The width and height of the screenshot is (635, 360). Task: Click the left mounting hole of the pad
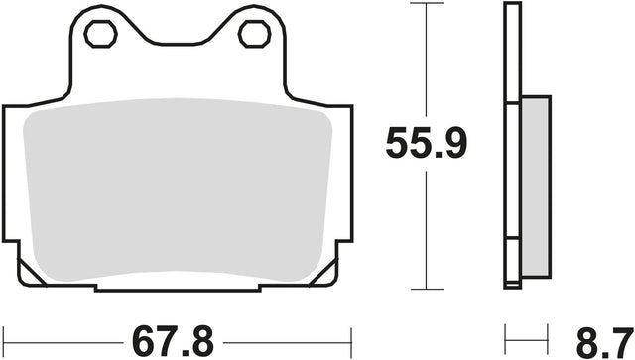[101, 34]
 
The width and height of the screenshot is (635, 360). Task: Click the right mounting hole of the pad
[254, 34]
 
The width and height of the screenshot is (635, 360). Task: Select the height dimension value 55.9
[427, 143]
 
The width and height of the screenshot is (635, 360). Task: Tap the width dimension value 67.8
[174, 342]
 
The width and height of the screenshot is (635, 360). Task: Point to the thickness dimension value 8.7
[605, 342]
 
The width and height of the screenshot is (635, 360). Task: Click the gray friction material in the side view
[536, 186]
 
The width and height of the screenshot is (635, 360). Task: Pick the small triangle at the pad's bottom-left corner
[30, 272]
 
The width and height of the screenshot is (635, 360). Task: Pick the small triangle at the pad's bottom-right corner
[324, 272]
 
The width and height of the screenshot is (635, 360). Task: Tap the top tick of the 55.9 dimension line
[427, 3]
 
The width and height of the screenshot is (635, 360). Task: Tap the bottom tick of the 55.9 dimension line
[428, 290]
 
